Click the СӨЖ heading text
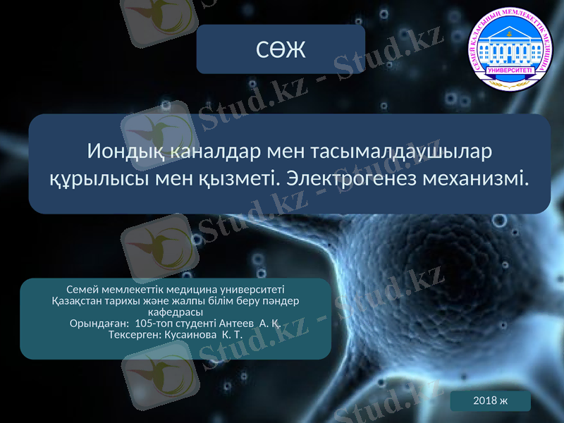point(281,49)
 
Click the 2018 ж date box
point(490,400)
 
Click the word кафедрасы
point(176,312)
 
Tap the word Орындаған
point(99,324)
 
